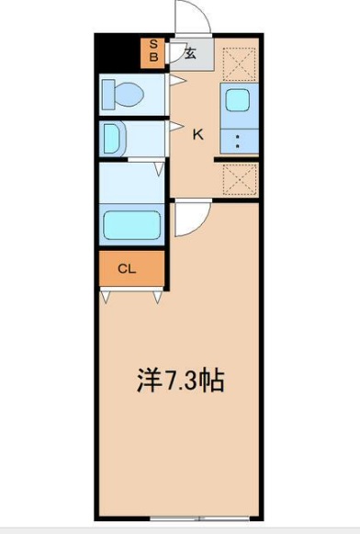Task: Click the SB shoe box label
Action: pyautogui.click(x=153, y=51)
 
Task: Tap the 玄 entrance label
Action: pyautogui.click(x=190, y=53)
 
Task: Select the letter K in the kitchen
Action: pyautogui.click(x=197, y=135)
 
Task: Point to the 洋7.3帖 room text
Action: pyautogui.click(x=180, y=380)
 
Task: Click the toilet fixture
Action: pyautogui.click(x=123, y=94)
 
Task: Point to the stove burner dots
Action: pyautogui.click(x=238, y=141)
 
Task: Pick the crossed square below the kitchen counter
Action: pyautogui.click(x=240, y=177)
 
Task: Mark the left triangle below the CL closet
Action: pyautogui.click(x=106, y=296)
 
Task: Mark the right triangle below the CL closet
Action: pyautogui.click(x=161, y=296)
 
